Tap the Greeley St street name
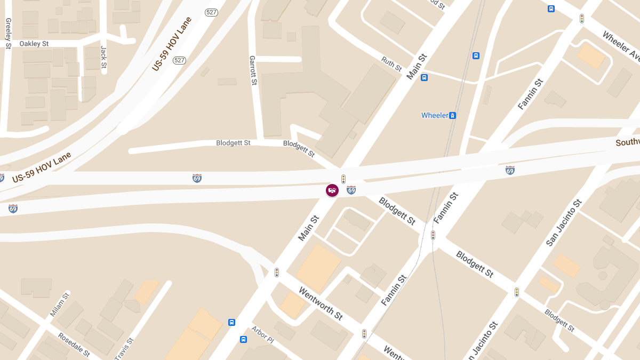tap(8, 34)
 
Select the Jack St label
tap(104, 57)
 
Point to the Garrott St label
tap(253, 70)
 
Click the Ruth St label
tap(391, 64)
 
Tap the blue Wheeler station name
tap(435, 115)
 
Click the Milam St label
tap(60, 305)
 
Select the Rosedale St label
tap(74, 345)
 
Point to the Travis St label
tap(124, 348)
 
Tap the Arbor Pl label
tap(262, 335)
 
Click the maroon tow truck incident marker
tap(332, 190)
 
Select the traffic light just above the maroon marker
tap(343, 179)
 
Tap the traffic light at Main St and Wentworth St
tap(277, 273)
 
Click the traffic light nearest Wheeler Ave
tap(582, 19)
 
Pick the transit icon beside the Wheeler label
tap(452, 115)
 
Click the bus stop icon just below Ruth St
tap(424, 77)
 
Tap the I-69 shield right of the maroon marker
tap(351, 190)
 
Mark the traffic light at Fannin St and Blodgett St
tap(433, 235)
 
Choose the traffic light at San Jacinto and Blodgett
tap(516, 292)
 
